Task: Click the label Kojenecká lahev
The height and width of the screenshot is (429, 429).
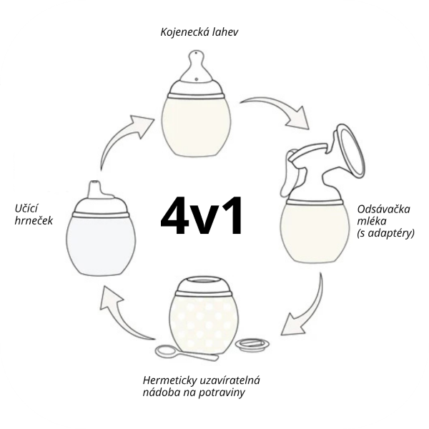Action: point(199,32)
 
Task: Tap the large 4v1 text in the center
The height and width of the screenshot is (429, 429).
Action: point(201,216)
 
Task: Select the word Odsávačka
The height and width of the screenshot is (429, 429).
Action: point(383,209)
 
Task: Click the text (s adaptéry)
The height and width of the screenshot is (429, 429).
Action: point(385,233)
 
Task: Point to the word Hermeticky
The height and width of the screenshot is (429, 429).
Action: point(170,380)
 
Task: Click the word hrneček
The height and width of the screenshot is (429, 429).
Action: point(34,221)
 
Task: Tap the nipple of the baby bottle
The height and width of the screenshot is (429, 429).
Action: point(196,66)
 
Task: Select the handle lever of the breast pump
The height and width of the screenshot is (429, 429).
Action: point(290,172)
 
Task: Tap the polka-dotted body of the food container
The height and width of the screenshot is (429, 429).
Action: point(202,323)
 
